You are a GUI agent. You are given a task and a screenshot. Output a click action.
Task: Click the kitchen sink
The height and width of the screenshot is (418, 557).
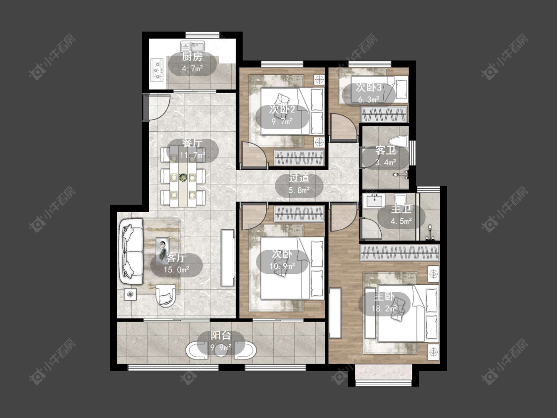pyautogui.click(x=192, y=46)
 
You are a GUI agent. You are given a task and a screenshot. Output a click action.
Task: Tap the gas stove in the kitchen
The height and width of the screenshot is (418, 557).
pyautogui.click(x=157, y=70)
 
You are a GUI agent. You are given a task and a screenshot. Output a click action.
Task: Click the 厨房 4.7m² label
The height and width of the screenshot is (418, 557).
pyautogui.click(x=192, y=63)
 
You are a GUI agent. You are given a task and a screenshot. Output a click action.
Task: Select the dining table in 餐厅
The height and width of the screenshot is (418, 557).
pyautogui.click(x=183, y=176)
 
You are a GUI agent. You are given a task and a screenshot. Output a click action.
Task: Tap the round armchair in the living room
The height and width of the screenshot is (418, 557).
pyautogui.click(x=165, y=296)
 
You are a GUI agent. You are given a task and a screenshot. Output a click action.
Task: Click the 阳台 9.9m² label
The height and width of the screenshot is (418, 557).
pyautogui.click(x=221, y=341)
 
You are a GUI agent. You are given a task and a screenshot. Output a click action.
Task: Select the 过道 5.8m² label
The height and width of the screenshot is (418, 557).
pyautogui.click(x=299, y=184)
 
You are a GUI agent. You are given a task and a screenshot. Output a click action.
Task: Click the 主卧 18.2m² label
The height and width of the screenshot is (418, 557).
pyautogui.click(x=384, y=303)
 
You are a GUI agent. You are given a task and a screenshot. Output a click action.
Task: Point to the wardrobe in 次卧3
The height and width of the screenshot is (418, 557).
pyautogui.click(x=384, y=114)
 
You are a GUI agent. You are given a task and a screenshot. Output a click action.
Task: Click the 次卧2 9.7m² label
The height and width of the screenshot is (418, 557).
pyautogui.click(x=282, y=115)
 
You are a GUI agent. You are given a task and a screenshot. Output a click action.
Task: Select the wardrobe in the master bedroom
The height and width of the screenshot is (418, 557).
pyautogui.click(x=400, y=253)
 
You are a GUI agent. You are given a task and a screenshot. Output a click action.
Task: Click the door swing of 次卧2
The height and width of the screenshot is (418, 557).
pyautogui.click(x=254, y=154)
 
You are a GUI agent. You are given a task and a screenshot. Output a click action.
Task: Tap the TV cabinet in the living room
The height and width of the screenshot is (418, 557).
pyautogui.click(x=228, y=258)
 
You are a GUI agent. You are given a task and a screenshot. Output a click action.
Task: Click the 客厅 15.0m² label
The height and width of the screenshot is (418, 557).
pyautogui.click(x=176, y=263)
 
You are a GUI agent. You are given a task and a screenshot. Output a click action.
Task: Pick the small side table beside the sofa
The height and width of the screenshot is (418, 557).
pyautogui.click(x=130, y=294)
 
